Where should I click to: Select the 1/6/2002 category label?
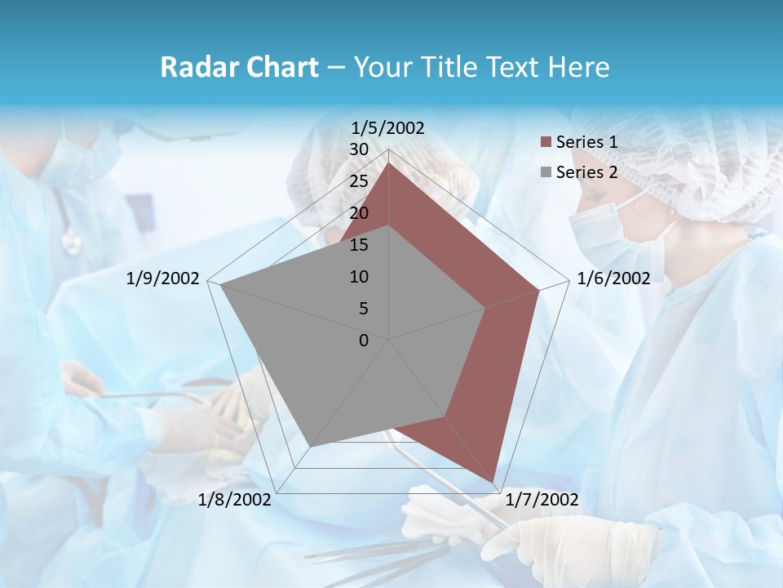point(613,278)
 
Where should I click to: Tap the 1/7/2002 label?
point(542,500)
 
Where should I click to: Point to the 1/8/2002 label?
point(234,500)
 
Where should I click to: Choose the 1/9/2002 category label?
point(162,278)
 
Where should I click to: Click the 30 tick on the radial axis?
point(359,149)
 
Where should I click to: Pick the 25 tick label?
point(359,181)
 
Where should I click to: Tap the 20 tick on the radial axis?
point(359,213)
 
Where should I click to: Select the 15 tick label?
point(359,245)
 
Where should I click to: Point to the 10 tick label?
point(359,277)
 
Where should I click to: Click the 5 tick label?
point(363,309)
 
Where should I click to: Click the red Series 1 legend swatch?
point(546,143)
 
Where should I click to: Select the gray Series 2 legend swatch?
point(546,172)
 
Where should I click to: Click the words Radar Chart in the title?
point(239,67)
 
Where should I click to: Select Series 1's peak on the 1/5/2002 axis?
point(389,162)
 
